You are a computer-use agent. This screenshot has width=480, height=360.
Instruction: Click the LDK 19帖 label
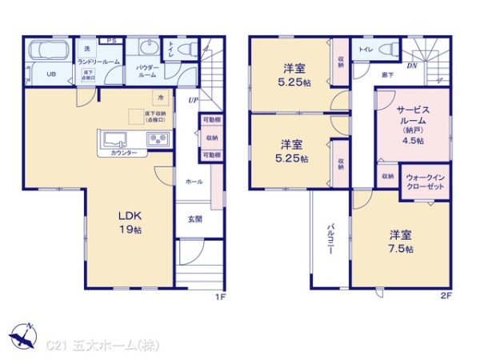click(x=130, y=222)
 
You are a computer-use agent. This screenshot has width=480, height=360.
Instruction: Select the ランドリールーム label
click(x=98, y=62)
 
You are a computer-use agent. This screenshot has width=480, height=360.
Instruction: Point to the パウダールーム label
click(x=147, y=71)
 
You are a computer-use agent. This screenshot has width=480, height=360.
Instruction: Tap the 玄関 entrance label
click(x=195, y=219)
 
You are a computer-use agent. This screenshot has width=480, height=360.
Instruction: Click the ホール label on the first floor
click(x=194, y=182)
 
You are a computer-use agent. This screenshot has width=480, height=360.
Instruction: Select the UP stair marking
click(x=193, y=101)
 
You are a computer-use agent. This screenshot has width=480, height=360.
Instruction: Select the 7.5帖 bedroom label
click(x=401, y=241)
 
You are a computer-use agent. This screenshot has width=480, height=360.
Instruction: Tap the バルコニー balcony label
click(x=330, y=238)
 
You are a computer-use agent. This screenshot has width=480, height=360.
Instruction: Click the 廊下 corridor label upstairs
click(x=387, y=74)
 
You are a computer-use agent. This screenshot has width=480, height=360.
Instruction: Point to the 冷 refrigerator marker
click(x=160, y=97)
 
